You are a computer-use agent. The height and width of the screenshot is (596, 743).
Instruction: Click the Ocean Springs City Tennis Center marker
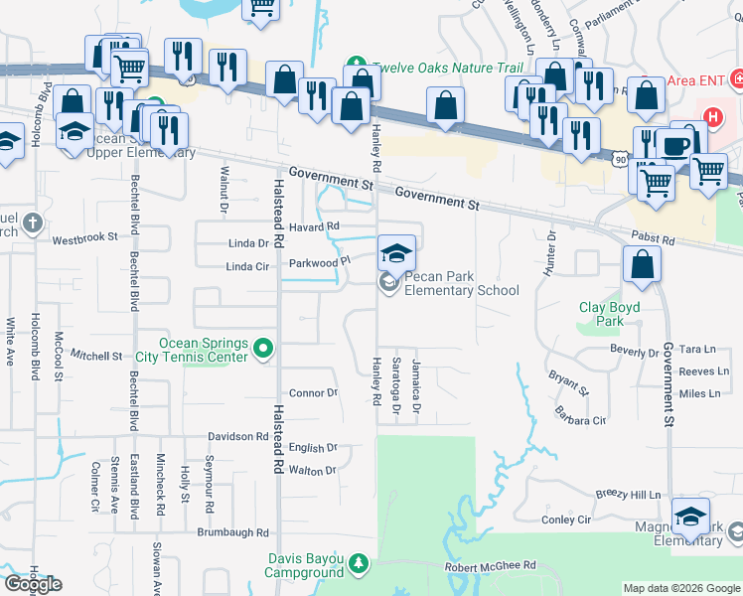[263, 349]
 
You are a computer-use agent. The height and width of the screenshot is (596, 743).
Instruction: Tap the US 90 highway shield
[621, 159]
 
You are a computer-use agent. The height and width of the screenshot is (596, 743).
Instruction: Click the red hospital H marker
[711, 117]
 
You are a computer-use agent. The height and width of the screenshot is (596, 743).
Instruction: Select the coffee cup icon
[676, 145]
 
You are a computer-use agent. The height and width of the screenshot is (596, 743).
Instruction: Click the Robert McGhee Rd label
[490, 565]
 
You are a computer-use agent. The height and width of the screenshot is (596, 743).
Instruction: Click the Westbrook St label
[84, 238]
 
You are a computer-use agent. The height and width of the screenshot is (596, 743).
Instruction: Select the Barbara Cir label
[580, 420]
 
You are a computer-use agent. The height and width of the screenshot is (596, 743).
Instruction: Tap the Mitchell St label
[95, 355]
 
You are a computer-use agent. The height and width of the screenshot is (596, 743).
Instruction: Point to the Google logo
[34, 584]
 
